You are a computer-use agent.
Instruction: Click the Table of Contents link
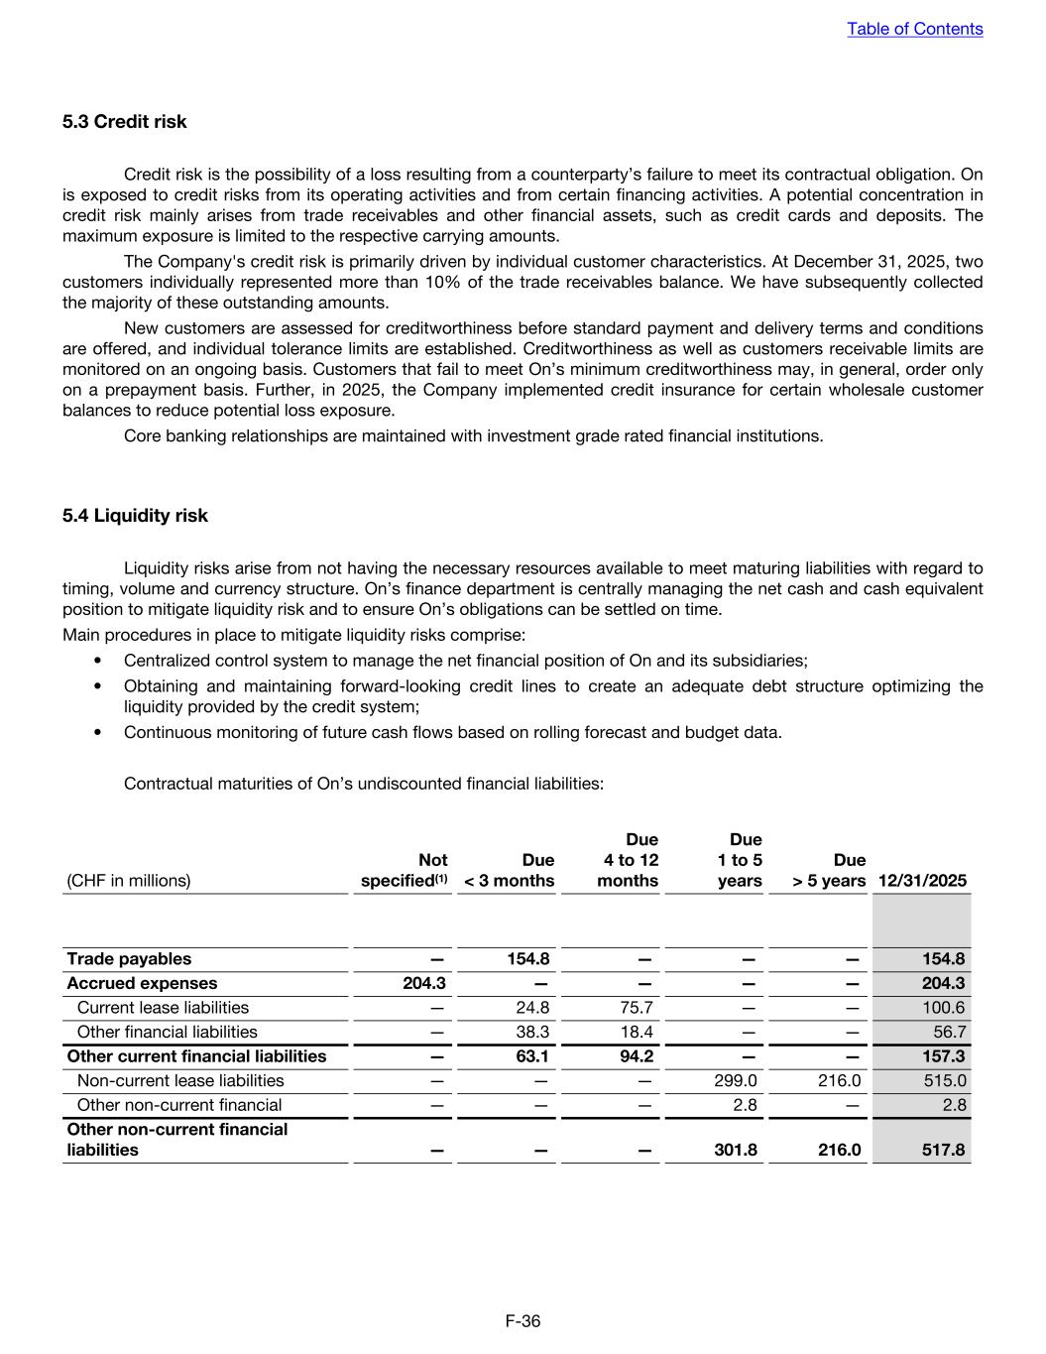click(x=914, y=29)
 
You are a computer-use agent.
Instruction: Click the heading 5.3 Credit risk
click(x=124, y=122)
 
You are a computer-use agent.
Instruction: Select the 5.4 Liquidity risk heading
click(x=135, y=516)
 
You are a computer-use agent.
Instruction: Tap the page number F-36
click(x=523, y=1320)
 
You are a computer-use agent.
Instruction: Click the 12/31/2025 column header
click(x=922, y=881)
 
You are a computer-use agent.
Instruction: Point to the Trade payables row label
click(x=129, y=959)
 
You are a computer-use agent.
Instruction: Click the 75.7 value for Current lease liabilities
click(x=636, y=1008)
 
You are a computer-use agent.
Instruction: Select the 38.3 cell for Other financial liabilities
click(x=532, y=1032)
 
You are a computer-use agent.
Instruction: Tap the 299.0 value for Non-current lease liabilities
click(x=736, y=1080)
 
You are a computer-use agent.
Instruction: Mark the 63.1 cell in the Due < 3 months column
click(x=531, y=1056)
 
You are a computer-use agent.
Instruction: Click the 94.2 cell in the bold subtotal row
click(x=635, y=1056)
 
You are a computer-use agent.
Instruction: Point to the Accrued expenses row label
click(x=141, y=983)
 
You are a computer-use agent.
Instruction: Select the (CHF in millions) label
click(x=128, y=881)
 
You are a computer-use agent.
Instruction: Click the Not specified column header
click(x=405, y=870)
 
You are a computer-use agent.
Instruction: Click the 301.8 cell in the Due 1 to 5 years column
click(x=736, y=1150)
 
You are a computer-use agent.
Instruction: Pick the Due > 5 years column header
click(x=829, y=870)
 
